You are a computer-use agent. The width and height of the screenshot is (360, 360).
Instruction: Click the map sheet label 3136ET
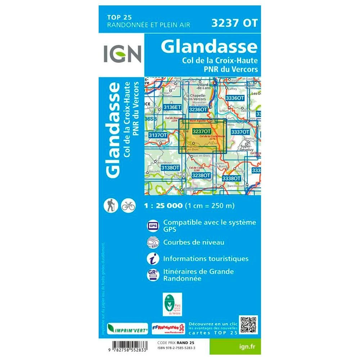pyautogui.click(x=171, y=107)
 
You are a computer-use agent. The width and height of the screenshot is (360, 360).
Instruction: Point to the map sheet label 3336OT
pyautogui.click(x=235, y=98)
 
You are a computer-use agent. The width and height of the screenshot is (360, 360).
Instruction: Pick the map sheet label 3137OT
pyautogui.click(x=158, y=135)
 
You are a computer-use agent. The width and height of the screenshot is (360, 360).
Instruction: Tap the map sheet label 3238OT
pyautogui.click(x=201, y=175)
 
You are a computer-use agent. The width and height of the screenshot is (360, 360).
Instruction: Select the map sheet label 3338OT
pyautogui.click(x=231, y=178)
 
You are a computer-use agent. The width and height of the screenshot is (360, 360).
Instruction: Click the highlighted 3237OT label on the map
pyautogui.click(x=202, y=132)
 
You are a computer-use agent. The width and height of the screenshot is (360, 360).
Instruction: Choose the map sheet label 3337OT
pyautogui.click(x=240, y=132)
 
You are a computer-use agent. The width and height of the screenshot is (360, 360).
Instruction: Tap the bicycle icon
pyautogui.click(x=128, y=205)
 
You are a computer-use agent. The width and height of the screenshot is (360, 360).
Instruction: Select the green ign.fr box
pyautogui.click(x=240, y=346)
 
